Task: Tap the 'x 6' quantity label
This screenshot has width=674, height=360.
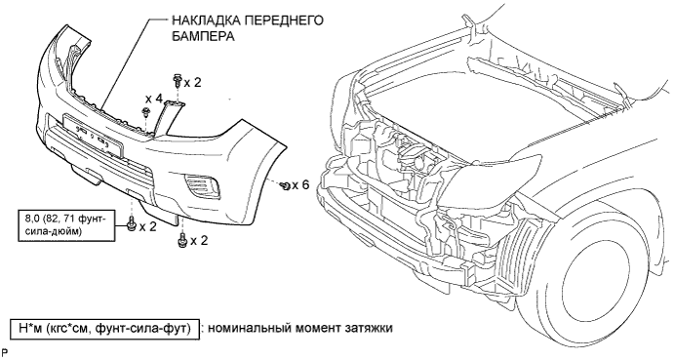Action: (300, 185)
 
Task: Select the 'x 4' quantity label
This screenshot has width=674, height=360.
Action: (154, 99)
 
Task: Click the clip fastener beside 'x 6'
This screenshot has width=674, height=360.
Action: (285, 185)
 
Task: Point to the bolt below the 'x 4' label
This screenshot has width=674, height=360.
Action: (145, 114)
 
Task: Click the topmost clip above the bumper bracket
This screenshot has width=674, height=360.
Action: (178, 81)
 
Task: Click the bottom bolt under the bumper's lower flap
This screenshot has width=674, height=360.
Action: (181, 240)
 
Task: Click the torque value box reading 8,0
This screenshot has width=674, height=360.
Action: (66, 225)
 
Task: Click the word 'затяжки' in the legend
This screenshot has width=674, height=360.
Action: (369, 328)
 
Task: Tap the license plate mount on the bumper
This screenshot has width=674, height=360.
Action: (94, 136)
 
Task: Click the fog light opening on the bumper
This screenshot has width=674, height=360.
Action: (202, 185)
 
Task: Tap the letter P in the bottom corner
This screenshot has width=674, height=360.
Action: (5, 353)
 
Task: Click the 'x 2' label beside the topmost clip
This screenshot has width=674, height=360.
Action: (192, 82)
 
